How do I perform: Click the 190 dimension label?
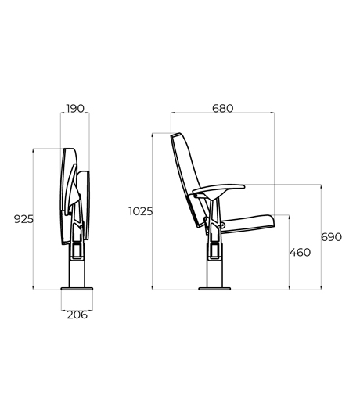pyautogui.click(x=75, y=109)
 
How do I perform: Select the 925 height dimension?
pyautogui.click(x=23, y=219)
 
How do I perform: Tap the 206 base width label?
pyautogui.click(x=77, y=315)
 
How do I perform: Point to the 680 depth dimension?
pyautogui.click(x=222, y=109)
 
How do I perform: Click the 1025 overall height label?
pyautogui.click(x=140, y=211)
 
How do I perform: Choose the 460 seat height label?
pyautogui.click(x=300, y=253)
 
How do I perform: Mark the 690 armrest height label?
pyautogui.click(x=331, y=237)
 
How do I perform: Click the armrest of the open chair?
pyautogui.click(x=218, y=189)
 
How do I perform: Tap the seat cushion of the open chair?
pyautogui.click(x=247, y=224)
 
